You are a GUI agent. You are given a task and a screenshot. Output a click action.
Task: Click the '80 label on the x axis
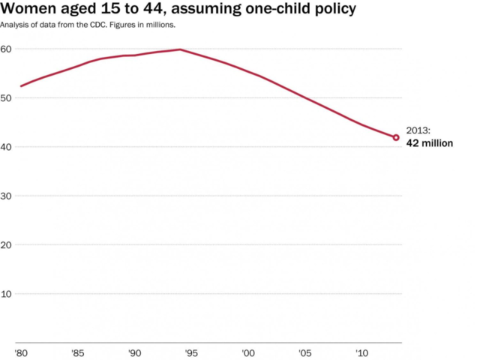coord(20,352)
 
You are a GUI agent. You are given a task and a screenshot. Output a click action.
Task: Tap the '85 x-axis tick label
coord(77,352)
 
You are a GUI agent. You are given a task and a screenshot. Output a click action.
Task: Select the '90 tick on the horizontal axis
coord(134,352)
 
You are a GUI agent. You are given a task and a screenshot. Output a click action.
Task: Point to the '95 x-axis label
coord(191,352)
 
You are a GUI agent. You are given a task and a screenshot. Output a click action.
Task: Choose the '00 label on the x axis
coord(248,352)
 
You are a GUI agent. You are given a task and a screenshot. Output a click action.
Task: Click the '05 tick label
coord(305,352)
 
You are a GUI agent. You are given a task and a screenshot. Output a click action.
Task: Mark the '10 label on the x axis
coord(361,352)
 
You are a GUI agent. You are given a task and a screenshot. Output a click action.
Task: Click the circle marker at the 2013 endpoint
coord(396,137)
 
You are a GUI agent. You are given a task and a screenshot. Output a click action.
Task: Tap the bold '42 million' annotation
coord(430,142)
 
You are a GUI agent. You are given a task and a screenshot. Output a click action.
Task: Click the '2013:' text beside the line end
coord(418,130)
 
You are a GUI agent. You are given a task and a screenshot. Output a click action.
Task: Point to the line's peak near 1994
coord(180,49)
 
